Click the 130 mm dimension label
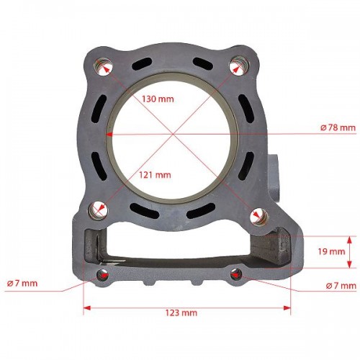[x=158, y=99]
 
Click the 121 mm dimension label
[x=155, y=175]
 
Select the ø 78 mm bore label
[x=338, y=127]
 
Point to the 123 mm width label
[x=181, y=312]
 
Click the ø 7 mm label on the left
[x=22, y=284]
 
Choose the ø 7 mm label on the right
[x=341, y=286]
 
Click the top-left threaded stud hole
[x=103, y=67]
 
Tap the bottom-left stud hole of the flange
[x=98, y=211]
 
